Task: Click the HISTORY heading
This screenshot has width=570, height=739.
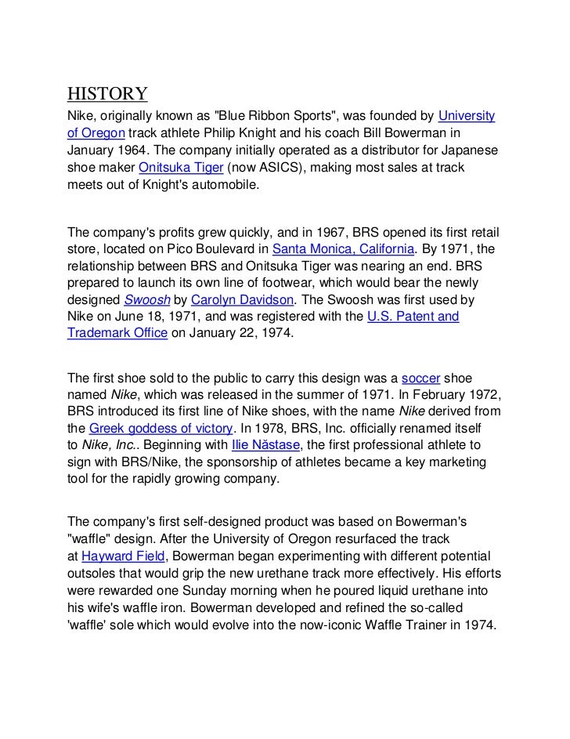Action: pyautogui.click(x=106, y=95)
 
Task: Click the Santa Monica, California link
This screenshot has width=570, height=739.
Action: pyautogui.click(x=343, y=250)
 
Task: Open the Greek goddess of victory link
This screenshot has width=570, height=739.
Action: pyautogui.click(x=161, y=428)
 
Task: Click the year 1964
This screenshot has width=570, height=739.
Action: pyautogui.click(x=138, y=150)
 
